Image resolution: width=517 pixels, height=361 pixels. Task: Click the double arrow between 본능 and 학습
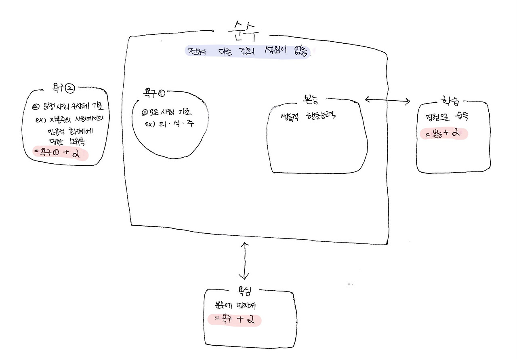(x=387, y=101)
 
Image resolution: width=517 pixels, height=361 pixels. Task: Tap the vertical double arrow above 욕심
(x=244, y=261)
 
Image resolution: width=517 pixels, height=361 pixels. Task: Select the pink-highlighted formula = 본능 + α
(x=443, y=133)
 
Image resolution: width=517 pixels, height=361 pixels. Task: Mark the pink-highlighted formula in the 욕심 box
(x=234, y=320)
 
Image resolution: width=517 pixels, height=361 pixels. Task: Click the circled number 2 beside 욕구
(x=71, y=87)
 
